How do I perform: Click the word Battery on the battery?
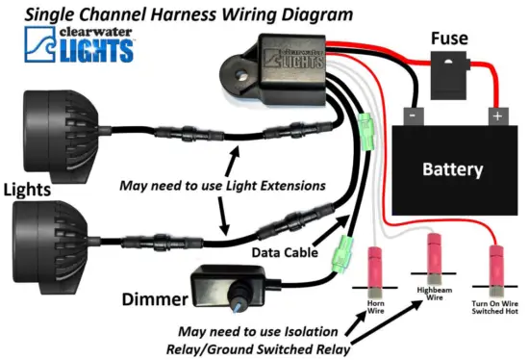coord(452,169)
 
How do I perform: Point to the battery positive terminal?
coord(497,115)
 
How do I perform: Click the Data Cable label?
coord(281,251)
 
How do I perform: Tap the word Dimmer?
coord(149,299)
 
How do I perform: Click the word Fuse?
coord(449,39)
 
